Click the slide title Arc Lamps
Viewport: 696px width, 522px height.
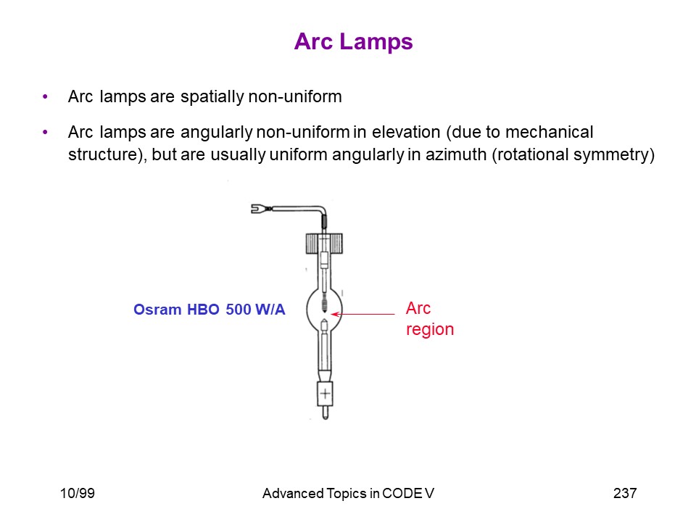(353, 42)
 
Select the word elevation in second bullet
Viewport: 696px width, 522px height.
(406, 132)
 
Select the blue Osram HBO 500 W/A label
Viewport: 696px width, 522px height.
(209, 310)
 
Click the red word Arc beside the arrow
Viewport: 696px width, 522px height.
(418, 308)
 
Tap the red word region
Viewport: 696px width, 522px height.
(430, 330)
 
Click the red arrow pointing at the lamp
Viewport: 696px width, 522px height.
(363, 314)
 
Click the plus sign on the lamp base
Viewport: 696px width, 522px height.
(325, 393)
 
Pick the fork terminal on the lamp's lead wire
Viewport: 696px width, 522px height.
(259, 208)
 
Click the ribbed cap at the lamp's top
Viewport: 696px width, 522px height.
(324, 244)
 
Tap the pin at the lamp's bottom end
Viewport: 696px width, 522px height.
(325, 413)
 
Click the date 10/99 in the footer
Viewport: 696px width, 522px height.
(78, 493)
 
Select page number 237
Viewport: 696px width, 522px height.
(625, 493)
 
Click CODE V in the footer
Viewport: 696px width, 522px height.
(408, 493)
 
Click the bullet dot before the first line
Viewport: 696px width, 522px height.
(45, 96)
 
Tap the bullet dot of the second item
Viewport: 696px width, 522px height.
(45, 132)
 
